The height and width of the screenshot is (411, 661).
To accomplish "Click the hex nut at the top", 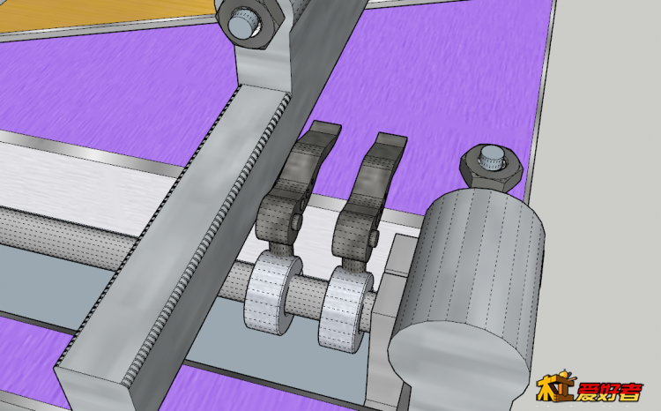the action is [251, 23].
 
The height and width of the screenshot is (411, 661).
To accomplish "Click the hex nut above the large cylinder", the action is [491, 168].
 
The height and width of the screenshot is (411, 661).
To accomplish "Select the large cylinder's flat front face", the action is [458, 362].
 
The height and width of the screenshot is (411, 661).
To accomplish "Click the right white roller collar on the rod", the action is [345, 310].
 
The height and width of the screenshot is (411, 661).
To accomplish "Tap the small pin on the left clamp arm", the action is [298, 219].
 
